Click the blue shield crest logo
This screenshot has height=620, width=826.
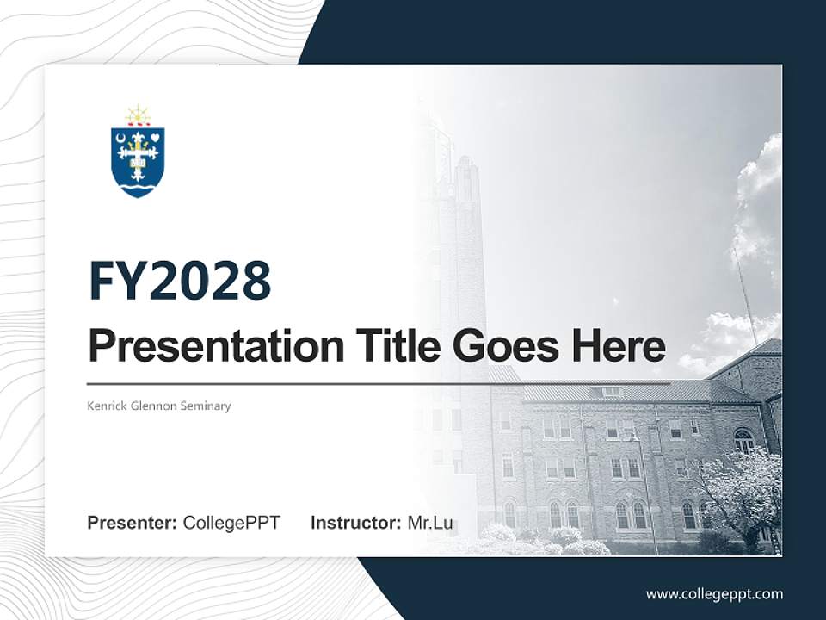138,160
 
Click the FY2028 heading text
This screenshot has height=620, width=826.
180,281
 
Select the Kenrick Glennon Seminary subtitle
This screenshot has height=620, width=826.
159,406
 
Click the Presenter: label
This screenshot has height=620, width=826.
132,523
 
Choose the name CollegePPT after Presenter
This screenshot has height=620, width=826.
231,523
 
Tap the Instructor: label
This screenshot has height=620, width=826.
355,523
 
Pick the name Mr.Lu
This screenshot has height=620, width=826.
430,523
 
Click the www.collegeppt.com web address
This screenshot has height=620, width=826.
714,593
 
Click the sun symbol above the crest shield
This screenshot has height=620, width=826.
138,115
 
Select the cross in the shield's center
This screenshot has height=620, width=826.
138,155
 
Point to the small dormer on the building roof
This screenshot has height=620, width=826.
612,391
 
